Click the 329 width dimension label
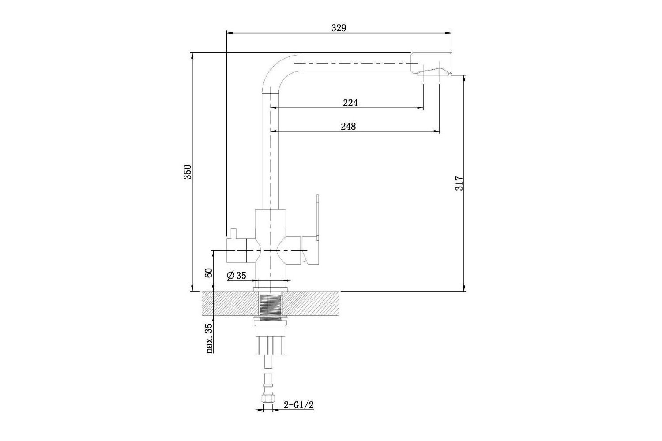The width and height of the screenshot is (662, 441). (339, 28)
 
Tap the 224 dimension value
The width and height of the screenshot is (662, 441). (350, 103)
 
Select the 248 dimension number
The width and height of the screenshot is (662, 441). (349, 127)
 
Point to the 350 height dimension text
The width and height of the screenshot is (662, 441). (188, 172)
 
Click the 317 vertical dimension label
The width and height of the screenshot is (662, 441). (459, 183)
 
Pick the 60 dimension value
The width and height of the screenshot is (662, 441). (209, 273)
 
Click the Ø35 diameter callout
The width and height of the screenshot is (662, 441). (237, 275)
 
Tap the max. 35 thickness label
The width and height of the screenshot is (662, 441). (209, 338)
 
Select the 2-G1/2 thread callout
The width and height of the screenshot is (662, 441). (298, 405)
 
